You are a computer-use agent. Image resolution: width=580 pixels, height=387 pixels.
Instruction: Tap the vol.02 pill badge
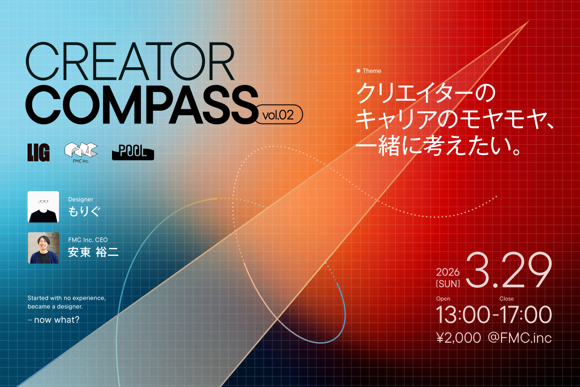coord(279,115)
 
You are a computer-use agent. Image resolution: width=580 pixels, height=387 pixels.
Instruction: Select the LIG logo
coord(39,152)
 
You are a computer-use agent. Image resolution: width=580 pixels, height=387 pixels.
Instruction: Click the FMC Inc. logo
coord(81,151)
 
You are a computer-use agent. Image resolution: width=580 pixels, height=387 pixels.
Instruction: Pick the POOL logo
coord(133,152)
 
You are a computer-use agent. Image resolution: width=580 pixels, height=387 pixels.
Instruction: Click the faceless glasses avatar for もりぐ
coord(43,206)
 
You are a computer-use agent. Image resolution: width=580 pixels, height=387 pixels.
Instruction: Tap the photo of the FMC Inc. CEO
coord(43,248)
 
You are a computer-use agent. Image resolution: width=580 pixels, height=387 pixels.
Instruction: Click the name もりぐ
coord(84,211)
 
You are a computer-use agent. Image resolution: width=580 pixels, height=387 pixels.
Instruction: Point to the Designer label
coord(81,200)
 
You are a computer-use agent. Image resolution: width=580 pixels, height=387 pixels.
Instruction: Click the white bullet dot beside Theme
coord(358,71)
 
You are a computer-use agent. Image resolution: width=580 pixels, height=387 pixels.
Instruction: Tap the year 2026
coord(448,272)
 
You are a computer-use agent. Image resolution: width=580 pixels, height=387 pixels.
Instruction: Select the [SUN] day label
coord(448,283)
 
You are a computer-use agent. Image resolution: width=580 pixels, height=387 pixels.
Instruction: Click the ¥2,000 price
coord(458,338)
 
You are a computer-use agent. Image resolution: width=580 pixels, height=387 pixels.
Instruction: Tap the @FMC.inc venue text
coord(519,338)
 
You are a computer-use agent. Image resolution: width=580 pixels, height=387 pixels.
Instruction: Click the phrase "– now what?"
coord(54,319)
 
